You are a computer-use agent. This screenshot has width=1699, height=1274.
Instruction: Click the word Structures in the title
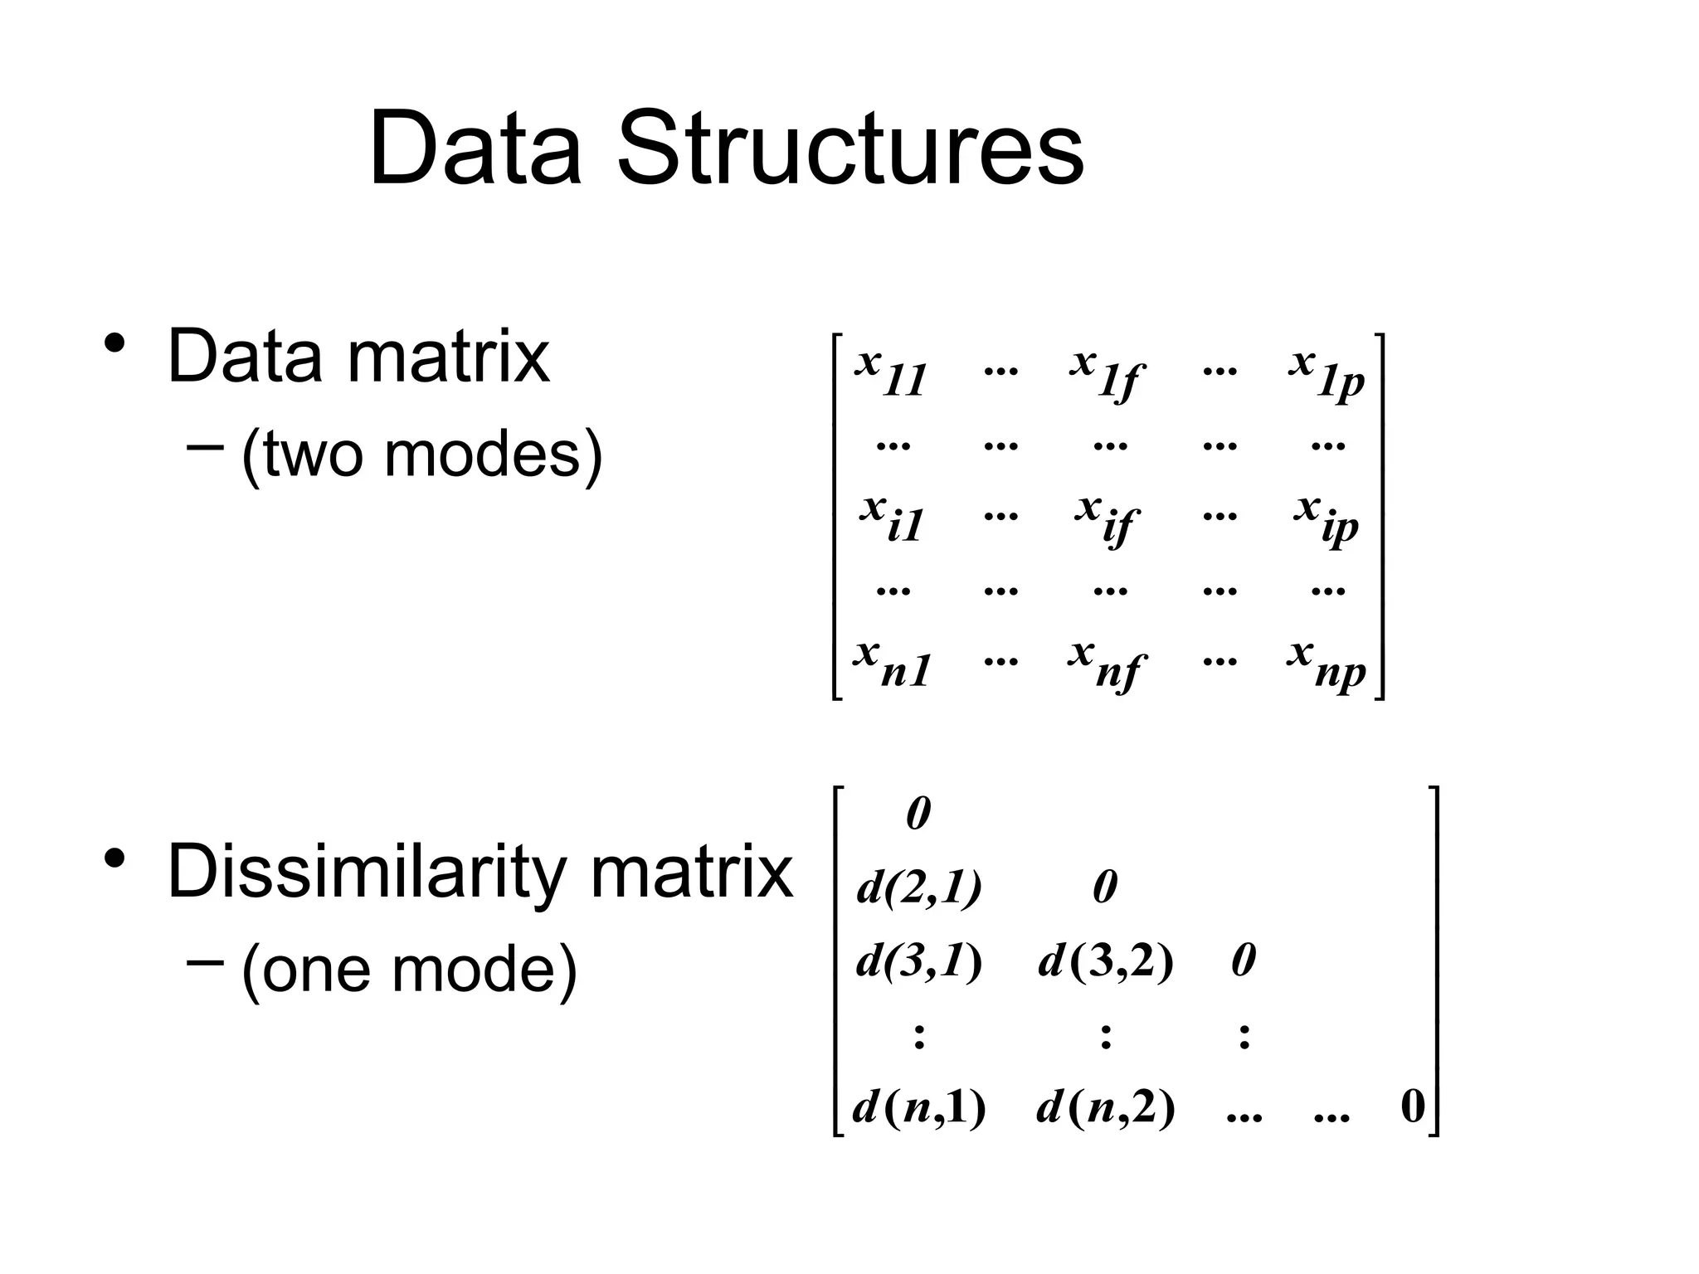[x=849, y=149]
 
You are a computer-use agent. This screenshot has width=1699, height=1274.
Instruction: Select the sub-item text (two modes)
[x=421, y=454]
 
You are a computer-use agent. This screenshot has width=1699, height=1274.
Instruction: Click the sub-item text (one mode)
[x=409, y=968]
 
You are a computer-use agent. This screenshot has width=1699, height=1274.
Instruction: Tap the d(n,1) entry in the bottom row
[x=919, y=1107]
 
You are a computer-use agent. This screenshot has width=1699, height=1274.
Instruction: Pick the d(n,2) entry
[x=1106, y=1107]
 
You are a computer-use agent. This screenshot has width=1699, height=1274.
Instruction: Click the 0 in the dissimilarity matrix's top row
[x=918, y=814]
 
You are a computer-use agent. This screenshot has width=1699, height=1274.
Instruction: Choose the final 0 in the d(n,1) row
[x=1412, y=1107]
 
